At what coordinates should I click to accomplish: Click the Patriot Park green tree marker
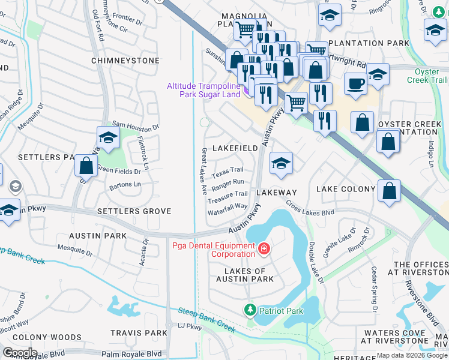click(250, 310)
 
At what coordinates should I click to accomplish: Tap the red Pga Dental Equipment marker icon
click(263, 248)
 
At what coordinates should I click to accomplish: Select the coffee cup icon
click(355, 84)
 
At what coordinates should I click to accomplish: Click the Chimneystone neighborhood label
click(125, 61)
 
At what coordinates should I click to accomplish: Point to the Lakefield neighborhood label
click(235, 148)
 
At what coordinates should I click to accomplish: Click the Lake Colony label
click(346, 189)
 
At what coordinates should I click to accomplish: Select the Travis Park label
click(139, 333)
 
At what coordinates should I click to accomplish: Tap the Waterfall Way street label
click(228, 206)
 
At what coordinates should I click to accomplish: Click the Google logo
click(19, 353)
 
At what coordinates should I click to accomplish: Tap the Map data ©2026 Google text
click(411, 356)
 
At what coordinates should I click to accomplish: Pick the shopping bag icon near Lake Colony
click(390, 191)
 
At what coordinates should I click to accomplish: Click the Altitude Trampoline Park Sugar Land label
click(204, 91)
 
